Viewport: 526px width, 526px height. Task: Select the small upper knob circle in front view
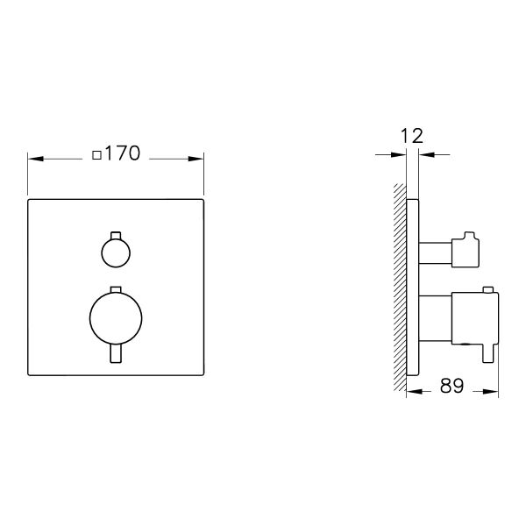coord(115,254)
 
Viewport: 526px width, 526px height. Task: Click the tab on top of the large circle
coord(115,289)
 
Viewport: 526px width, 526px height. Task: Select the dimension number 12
coord(412,135)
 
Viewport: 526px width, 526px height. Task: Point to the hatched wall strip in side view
coord(400,289)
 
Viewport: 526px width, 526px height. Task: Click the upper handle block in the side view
coord(465,251)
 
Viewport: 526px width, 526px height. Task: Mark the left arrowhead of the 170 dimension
coord(34,158)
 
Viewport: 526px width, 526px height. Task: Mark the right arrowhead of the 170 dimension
coord(198,158)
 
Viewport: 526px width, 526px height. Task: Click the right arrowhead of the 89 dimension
coord(494,391)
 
